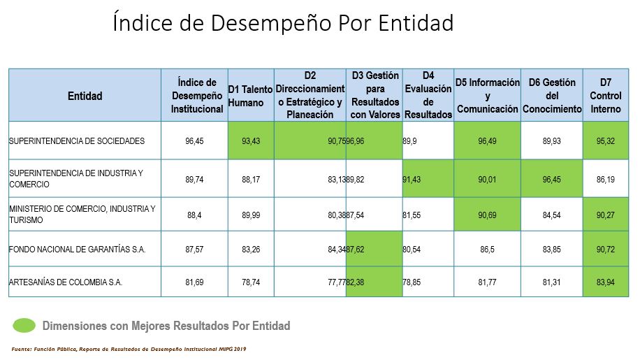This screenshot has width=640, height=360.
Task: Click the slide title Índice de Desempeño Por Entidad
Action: (283, 24)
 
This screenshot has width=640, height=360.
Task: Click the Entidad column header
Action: (85, 96)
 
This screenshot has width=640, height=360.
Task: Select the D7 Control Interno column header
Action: (605, 96)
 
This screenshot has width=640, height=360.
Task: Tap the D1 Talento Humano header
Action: (251, 96)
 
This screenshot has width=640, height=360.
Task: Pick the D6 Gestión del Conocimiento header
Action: (552, 96)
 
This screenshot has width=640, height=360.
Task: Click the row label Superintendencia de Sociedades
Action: (77, 141)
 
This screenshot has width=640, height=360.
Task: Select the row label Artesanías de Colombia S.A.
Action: (66, 282)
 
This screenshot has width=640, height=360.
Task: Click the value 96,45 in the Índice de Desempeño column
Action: (195, 141)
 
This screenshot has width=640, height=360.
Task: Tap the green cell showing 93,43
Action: (251, 141)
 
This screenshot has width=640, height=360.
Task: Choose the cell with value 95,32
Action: (605, 141)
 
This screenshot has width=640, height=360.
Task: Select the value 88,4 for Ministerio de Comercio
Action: (195, 214)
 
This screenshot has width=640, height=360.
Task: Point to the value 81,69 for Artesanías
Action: (195, 282)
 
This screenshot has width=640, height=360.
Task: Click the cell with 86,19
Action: (605, 179)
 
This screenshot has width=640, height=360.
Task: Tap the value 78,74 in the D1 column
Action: (251, 282)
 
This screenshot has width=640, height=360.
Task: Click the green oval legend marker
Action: (24, 326)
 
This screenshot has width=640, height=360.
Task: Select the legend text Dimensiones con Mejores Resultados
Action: (166, 326)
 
